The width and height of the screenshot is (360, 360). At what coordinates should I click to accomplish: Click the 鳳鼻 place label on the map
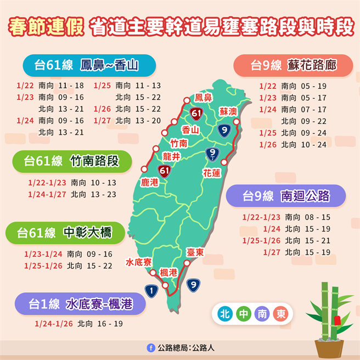tap(204, 98)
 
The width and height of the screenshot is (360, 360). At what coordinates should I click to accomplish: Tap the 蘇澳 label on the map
tap(228, 110)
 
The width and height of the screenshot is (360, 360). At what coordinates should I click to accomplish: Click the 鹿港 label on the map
tap(149, 182)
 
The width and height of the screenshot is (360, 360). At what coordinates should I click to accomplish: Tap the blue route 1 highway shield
tap(152, 289)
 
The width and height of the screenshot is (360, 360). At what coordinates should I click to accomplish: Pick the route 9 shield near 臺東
tap(192, 285)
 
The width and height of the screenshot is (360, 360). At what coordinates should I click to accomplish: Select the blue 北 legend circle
tap(224, 314)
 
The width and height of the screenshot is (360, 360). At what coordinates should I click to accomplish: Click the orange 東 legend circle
tap(280, 314)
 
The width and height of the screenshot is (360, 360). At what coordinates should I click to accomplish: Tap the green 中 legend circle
tap(243, 314)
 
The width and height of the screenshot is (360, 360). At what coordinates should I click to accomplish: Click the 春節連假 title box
tap(47, 26)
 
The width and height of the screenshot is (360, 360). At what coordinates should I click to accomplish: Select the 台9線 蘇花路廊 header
tap(293, 66)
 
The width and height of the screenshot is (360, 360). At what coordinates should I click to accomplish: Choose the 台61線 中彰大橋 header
tap(64, 233)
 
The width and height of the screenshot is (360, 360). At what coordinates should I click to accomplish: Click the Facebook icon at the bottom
tap(150, 347)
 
